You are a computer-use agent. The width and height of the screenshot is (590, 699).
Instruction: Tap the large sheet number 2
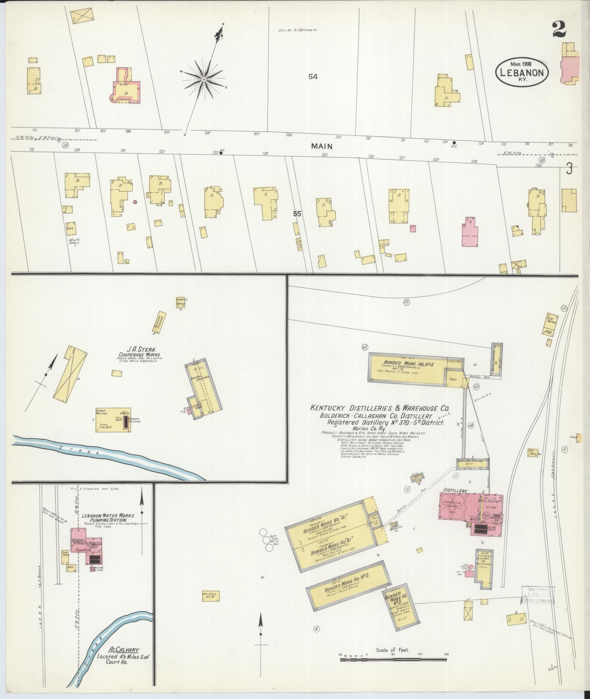point(559,29)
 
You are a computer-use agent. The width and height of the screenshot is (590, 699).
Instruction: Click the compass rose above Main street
point(204,79)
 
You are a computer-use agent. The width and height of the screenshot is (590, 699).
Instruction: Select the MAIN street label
point(322,146)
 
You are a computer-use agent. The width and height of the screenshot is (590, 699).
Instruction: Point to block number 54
point(312,77)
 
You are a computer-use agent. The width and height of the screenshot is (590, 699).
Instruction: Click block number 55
point(297,214)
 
